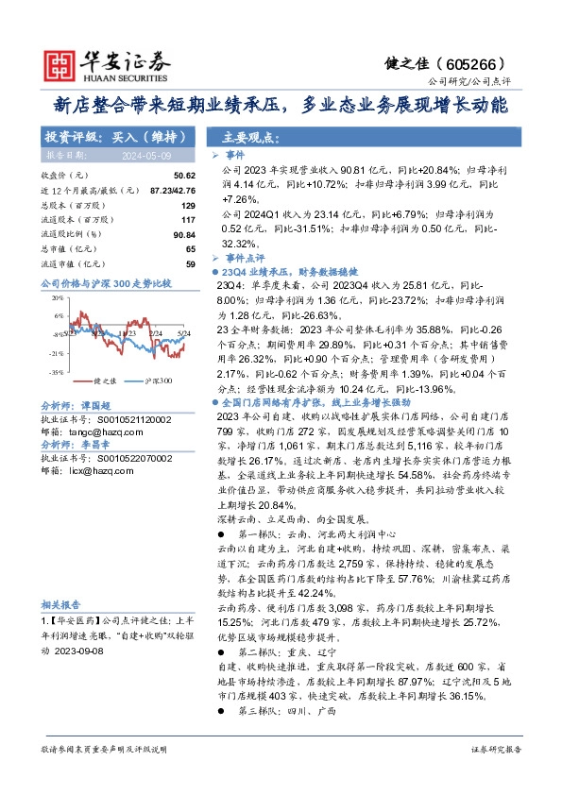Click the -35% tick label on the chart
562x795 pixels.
(57, 372)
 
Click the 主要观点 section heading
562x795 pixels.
(248, 136)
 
